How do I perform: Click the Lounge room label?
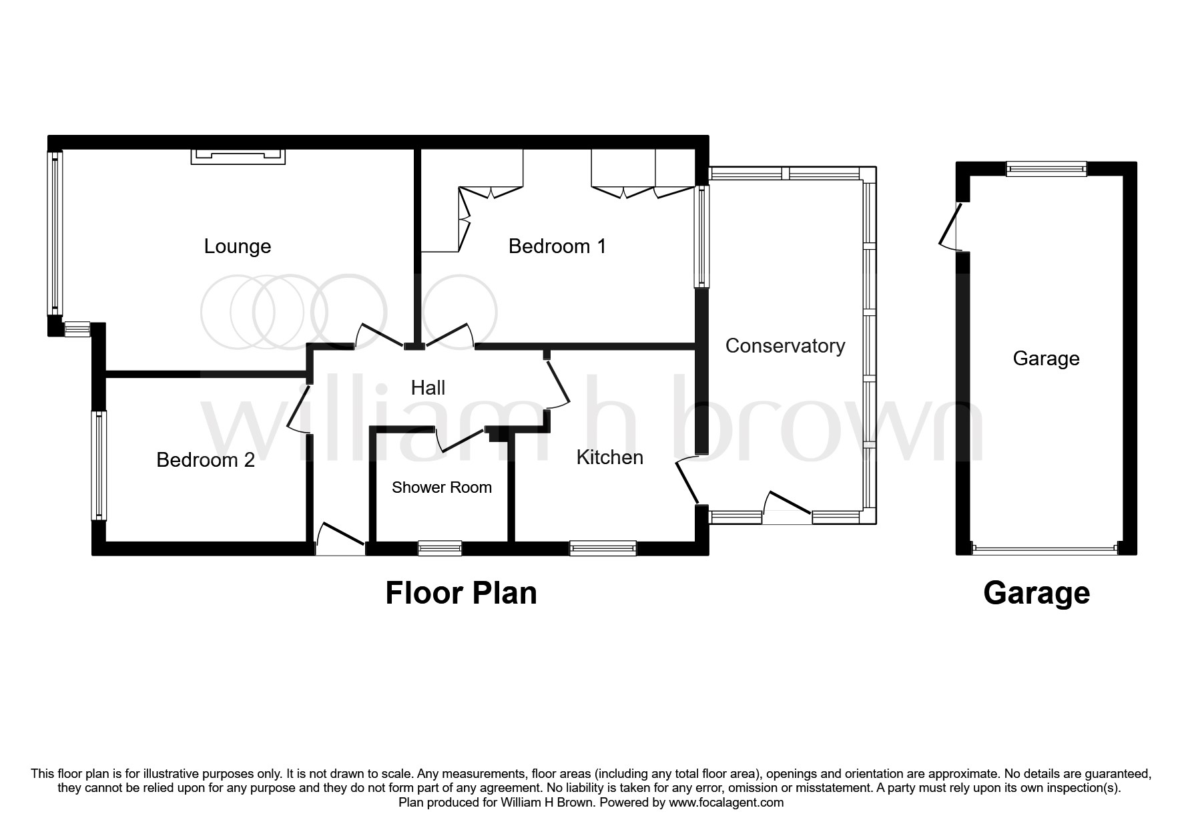[x=238, y=246]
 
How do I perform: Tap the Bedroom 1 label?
[x=557, y=246]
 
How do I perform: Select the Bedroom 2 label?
[x=206, y=460]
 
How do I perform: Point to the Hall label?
[x=428, y=388]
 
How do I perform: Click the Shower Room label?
[x=442, y=487]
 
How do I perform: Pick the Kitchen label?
[x=610, y=457]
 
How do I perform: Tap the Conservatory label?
[x=785, y=346]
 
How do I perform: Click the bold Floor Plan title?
[x=461, y=593]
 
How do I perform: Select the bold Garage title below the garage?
[x=1037, y=593]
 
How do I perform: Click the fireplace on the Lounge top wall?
[x=238, y=156]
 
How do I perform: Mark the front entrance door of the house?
[x=340, y=540]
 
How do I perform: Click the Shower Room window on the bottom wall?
[x=440, y=548]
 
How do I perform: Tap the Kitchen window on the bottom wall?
[x=603, y=548]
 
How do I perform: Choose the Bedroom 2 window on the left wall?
[x=99, y=465]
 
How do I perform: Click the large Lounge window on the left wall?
[x=55, y=233]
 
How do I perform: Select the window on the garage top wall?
[x=1047, y=169]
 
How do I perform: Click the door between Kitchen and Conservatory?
[x=687, y=480]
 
